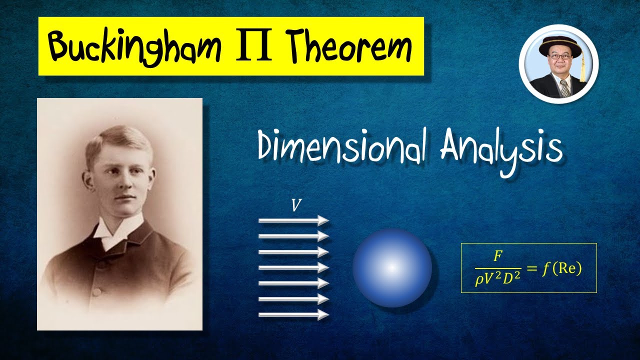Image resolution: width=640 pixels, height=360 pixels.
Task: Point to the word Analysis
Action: [x=501, y=148]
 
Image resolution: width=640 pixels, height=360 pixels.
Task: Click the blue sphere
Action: [x=392, y=267]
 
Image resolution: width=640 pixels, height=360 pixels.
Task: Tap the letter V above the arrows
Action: [x=296, y=205]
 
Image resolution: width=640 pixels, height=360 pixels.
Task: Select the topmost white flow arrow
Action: [x=293, y=220]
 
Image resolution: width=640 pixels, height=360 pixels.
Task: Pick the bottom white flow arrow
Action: [x=293, y=314]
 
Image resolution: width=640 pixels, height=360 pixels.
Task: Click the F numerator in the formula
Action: [x=497, y=256]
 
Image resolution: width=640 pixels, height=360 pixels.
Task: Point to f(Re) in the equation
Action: [x=561, y=268]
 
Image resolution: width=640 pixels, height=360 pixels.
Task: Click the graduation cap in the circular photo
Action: [x=558, y=46]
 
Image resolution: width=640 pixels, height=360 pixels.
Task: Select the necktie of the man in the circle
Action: [x=564, y=88]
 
